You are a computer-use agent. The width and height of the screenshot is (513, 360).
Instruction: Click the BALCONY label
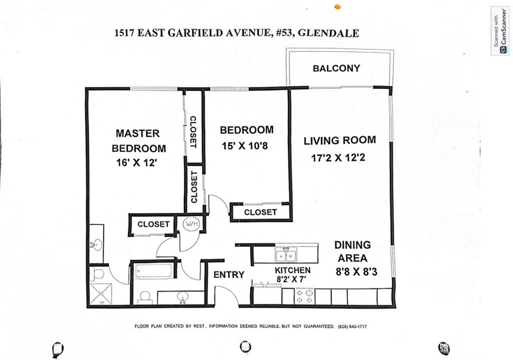click(336, 68)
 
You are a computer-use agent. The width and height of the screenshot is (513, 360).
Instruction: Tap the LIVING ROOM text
click(340, 140)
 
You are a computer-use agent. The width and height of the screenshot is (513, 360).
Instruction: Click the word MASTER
click(138, 133)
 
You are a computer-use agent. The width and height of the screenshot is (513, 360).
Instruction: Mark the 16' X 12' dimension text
click(137, 163)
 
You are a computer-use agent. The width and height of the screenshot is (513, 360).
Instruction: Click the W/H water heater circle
click(191, 223)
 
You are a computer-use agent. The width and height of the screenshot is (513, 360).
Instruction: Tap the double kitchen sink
click(287, 256)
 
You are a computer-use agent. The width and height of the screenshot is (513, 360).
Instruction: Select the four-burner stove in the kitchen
click(304, 296)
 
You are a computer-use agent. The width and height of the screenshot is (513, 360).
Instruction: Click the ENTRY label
click(229, 275)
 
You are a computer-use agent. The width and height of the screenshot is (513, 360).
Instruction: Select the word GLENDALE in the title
click(335, 34)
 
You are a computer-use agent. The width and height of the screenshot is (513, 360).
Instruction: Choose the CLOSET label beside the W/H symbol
click(153, 224)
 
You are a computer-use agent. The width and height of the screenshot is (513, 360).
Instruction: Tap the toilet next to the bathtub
click(145, 296)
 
